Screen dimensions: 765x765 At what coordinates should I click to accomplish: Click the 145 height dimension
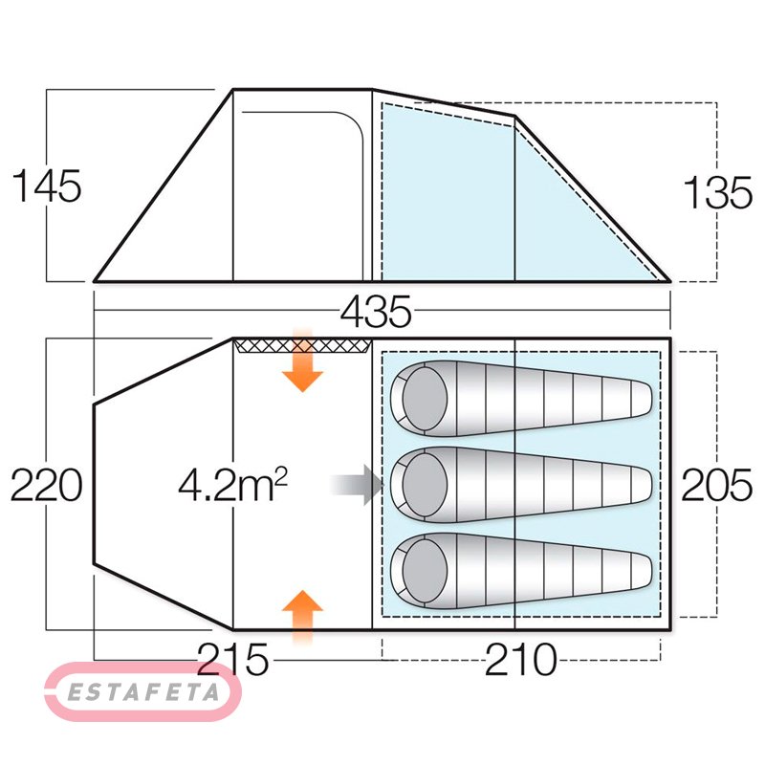click(47, 186)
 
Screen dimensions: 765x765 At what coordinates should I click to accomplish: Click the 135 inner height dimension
click(718, 192)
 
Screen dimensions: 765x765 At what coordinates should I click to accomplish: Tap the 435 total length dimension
click(376, 313)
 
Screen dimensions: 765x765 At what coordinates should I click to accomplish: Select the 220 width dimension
click(46, 485)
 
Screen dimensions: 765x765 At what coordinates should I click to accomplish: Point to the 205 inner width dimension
click(716, 485)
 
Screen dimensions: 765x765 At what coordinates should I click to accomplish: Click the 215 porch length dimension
click(232, 659)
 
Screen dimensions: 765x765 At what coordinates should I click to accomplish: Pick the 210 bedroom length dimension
click(520, 659)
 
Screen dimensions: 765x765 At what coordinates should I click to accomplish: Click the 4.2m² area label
click(232, 485)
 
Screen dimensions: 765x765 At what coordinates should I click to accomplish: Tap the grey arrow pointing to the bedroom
click(357, 485)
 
